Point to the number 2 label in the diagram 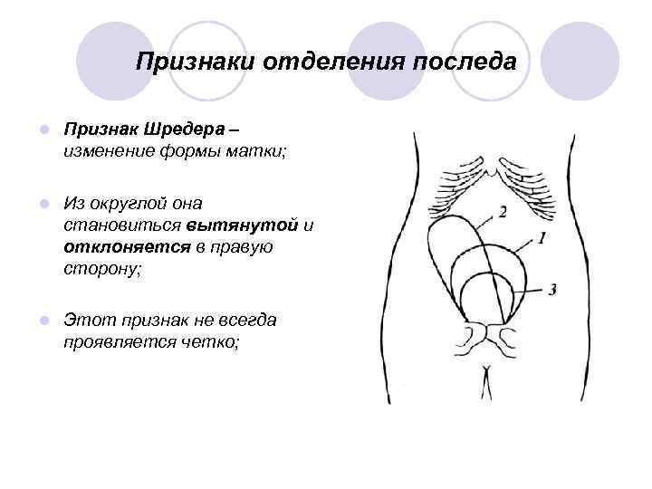(502, 212)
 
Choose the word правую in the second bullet (242, 246)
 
